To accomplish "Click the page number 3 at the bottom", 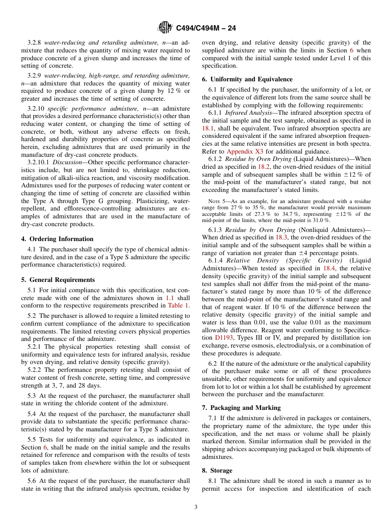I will coord(196,507).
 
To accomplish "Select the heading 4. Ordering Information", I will coord(57,239).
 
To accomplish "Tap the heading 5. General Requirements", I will coord(58,279).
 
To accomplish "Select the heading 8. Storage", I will coord(217,471).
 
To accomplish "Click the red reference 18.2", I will coord(264,167).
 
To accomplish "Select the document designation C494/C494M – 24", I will coord(206,28).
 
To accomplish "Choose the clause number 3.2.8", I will coord(35,43).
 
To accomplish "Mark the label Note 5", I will coord(217,201).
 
